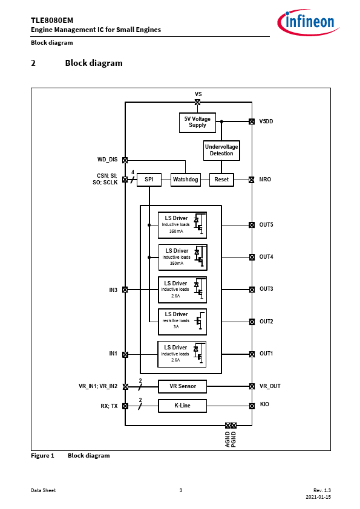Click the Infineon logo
(308, 22)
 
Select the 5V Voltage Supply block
(197, 122)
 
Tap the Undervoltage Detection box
(221, 151)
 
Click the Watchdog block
(186, 180)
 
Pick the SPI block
(149, 180)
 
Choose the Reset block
(221, 180)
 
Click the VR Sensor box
(183, 386)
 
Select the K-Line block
(183, 406)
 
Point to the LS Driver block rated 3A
(183, 322)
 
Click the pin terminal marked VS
(197, 102)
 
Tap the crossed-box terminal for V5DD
(252, 122)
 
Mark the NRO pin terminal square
(252, 180)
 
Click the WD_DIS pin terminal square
(125, 160)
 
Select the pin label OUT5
(266, 225)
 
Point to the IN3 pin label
(113, 290)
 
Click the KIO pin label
(264, 404)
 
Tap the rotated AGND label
(227, 439)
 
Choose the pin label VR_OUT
(270, 386)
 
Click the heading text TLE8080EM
(52, 21)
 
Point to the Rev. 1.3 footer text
(322, 490)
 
